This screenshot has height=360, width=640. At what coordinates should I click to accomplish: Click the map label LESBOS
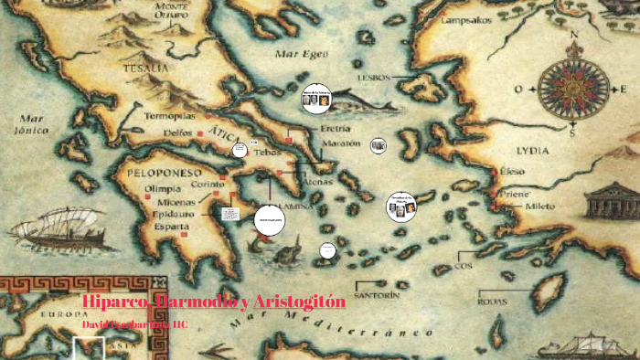point(373,77)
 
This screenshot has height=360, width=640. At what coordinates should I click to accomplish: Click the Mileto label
point(539,206)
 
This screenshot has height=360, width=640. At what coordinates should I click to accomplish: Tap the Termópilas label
point(171,116)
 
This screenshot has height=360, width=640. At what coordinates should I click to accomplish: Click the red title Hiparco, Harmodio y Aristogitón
point(213,302)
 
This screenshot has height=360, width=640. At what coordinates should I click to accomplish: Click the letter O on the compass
point(517,90)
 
